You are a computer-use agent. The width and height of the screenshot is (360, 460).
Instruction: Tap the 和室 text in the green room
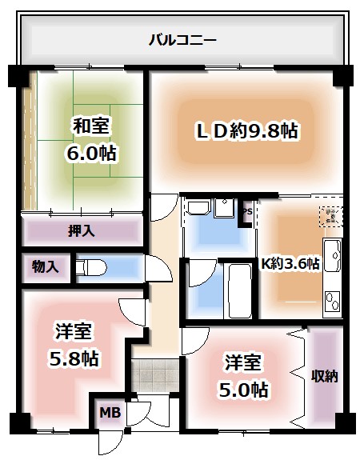click(92, 126)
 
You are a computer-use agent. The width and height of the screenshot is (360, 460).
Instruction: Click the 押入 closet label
click(81, 231)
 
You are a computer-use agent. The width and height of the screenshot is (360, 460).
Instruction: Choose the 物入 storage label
click(45, 266)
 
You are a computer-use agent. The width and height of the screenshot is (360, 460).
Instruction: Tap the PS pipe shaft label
click(246, 212)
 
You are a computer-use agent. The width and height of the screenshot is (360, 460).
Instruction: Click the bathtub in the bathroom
click(238, 290)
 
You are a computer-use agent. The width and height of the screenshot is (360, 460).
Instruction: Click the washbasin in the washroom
click(199, 210)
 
